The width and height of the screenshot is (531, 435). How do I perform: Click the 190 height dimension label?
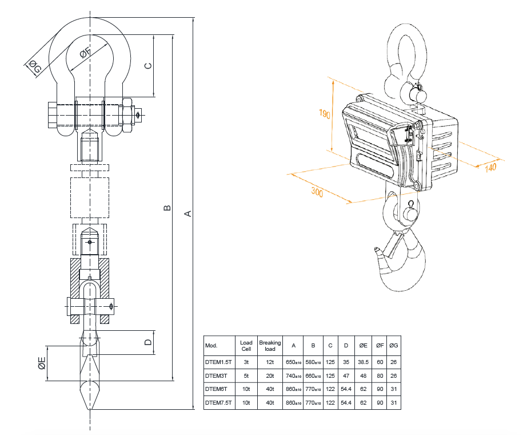325,114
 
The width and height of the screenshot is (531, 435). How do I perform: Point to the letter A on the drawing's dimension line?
187,213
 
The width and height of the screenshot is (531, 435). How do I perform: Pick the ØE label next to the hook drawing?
42,363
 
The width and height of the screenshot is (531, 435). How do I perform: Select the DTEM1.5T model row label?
219,362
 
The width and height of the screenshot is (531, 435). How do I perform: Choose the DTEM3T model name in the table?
217,376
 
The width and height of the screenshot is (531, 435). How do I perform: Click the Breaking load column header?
270,346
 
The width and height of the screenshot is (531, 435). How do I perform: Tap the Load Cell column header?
246,346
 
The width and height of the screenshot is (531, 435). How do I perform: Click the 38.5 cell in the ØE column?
363,362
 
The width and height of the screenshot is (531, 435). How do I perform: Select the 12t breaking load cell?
270,362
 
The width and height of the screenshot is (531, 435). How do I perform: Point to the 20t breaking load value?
270,376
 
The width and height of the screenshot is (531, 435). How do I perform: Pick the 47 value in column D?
346,376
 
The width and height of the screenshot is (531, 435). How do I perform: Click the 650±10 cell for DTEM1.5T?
293,362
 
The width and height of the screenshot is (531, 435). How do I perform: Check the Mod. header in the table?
211,346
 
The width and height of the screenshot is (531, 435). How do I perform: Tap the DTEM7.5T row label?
219,403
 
